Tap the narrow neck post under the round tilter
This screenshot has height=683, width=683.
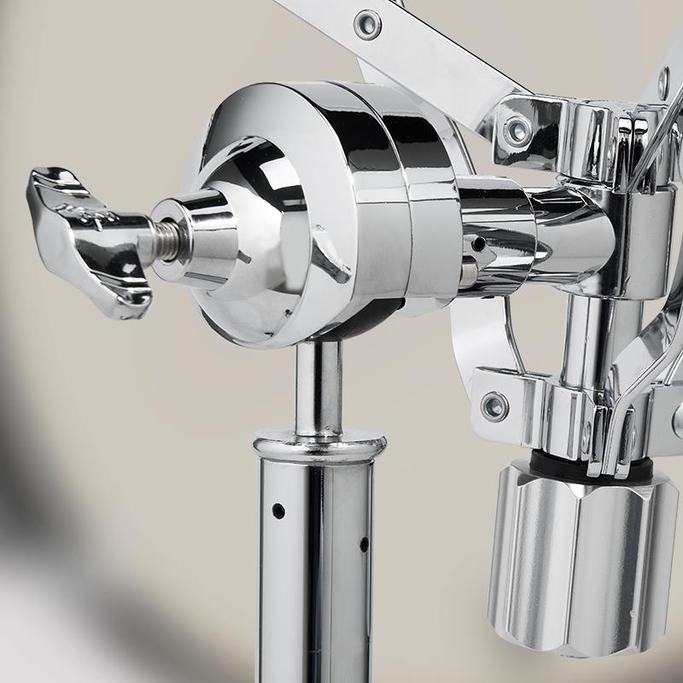point(318,384)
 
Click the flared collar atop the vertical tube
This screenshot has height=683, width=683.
point(318,444)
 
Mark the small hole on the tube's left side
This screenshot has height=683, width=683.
point(278,511)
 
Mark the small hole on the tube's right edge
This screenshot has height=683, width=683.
point(364,543)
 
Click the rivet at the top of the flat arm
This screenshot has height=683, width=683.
point(367,25)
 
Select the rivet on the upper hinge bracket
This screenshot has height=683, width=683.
point(517,131)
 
